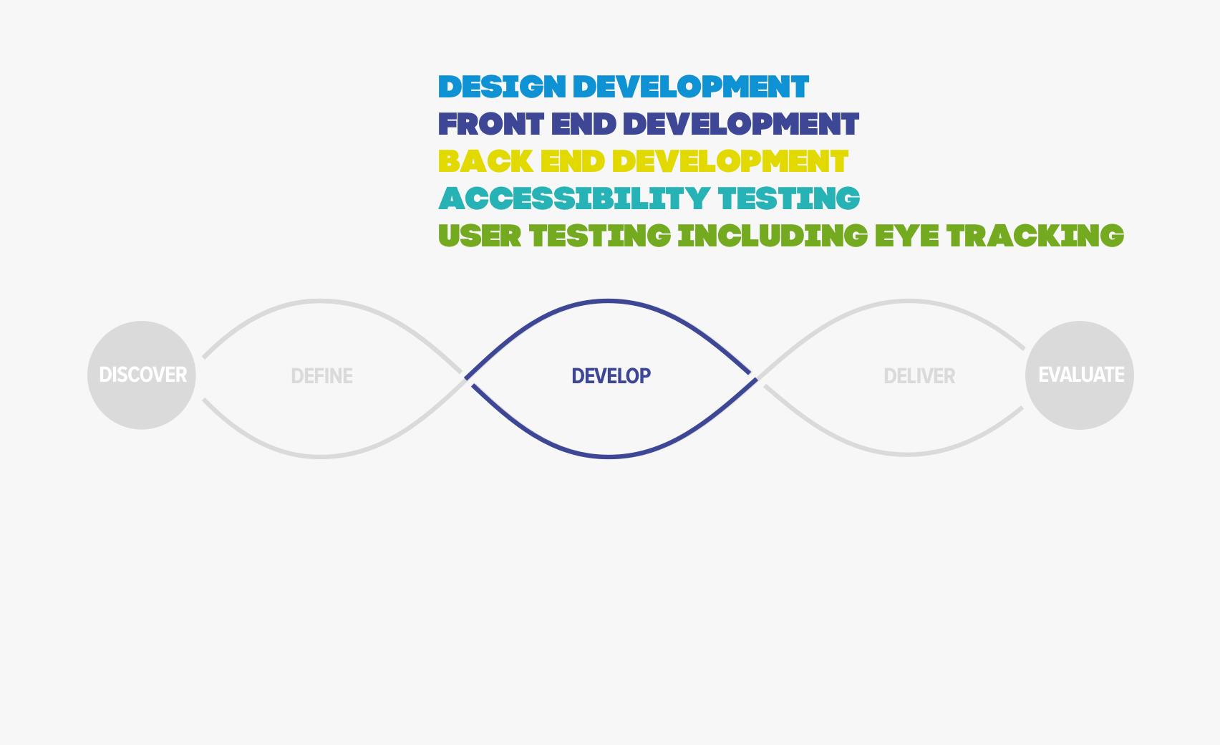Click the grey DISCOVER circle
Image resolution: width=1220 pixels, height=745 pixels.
coord(142,375)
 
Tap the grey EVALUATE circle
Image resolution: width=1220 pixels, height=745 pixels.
coord(1080,375)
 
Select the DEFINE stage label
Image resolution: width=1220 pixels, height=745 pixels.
coord(322,376)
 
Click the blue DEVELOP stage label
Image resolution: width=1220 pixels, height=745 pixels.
coord(611,376)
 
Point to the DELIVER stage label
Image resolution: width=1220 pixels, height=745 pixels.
coord(919,376)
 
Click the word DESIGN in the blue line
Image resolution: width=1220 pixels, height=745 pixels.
coord(502,87)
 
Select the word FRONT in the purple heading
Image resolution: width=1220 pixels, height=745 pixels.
coord(491,124)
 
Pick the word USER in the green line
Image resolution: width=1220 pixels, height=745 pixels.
coord(480,236)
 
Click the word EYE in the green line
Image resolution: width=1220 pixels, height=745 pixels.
coord(907,236)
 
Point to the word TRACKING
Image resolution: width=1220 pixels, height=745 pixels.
coord(1035,236)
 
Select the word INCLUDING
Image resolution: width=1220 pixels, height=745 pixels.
coord(773,236)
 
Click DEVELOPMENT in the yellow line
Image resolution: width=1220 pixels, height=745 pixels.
coord(730,161)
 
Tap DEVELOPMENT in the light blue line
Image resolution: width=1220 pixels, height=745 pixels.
coord(691,87)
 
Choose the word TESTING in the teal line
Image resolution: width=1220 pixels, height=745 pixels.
coord(789,198)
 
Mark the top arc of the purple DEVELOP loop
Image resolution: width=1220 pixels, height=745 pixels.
coord(609,300)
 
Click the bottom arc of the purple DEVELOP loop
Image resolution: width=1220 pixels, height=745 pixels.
coord(609,456)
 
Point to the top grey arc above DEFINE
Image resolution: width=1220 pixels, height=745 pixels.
coord(320,300)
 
